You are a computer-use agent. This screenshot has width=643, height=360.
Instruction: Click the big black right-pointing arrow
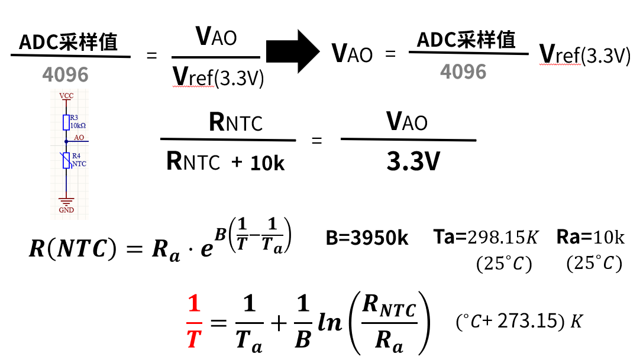coord(292,51)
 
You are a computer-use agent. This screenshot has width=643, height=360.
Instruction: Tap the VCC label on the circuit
coord(66,96)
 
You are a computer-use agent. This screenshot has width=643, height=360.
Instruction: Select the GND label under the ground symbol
coord(66,210)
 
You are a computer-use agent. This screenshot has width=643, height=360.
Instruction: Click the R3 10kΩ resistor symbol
coord(66,122)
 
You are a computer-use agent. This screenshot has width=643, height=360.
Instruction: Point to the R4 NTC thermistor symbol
coord(66,160)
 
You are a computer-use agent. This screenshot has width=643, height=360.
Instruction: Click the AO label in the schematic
coord(79,137)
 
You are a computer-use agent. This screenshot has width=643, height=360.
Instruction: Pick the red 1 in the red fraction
coord(194,304)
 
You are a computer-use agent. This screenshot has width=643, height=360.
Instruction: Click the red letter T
coord(195,339)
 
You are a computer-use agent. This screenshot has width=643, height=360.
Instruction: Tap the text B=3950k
coord(367,238)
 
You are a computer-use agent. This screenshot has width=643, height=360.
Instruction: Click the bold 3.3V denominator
coord(413,161)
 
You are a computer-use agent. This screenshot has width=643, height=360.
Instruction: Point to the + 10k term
coord(257,163)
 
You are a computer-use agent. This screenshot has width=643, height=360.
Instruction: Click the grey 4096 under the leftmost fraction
coord(65,74)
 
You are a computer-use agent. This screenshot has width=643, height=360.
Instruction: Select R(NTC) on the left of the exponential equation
coord(73,248)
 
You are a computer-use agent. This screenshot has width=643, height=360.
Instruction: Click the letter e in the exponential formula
coord(206,249)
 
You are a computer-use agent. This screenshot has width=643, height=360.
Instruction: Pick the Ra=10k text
coord(590,238)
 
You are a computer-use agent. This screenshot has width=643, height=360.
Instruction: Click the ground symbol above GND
coord(66,202)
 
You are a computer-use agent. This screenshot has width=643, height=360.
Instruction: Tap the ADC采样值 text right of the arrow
coord(466,40)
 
